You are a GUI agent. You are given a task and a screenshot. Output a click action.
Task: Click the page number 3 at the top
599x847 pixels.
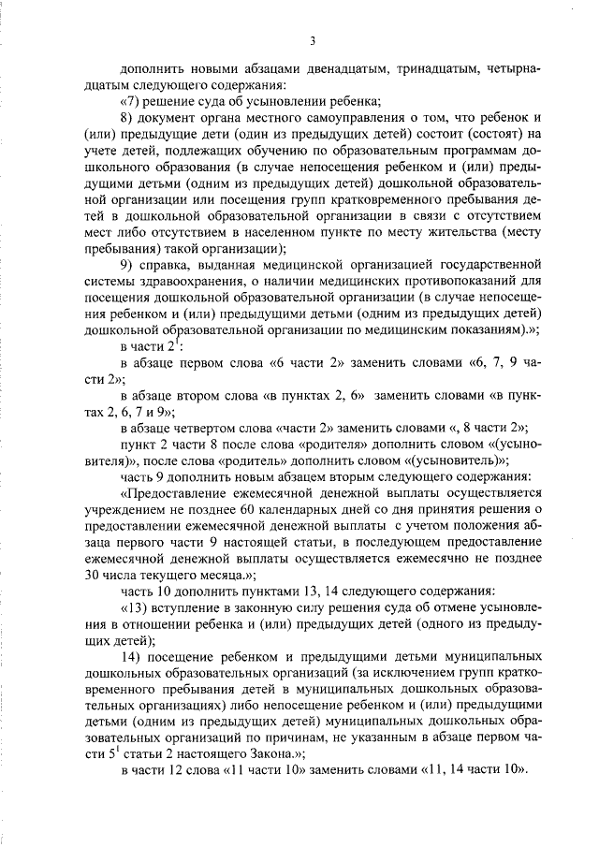point(313,39)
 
